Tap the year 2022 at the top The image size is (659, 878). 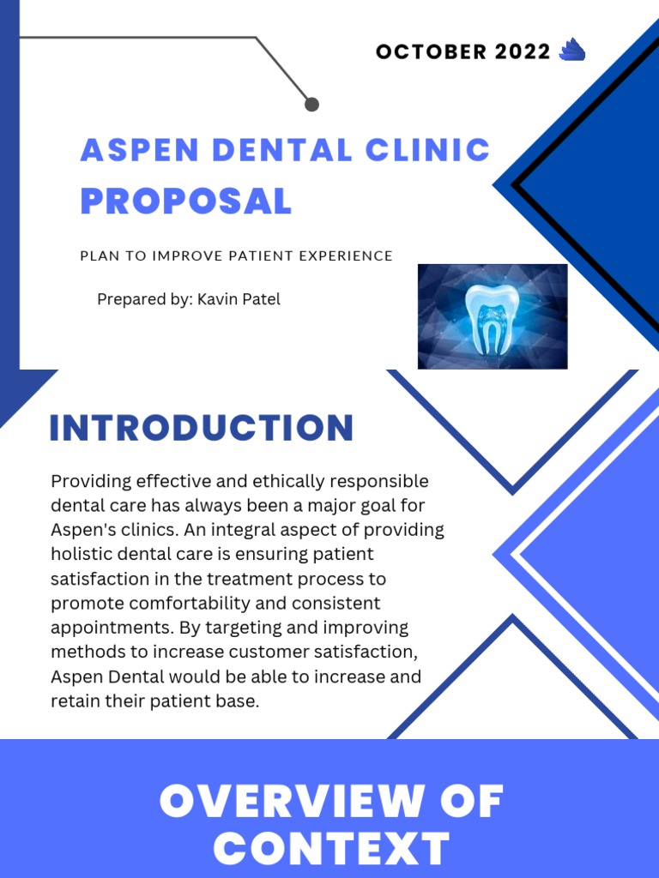point(523,51)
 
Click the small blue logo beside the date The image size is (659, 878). point(571,51)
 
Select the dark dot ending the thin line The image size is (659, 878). point(311,104)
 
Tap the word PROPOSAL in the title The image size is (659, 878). point(186,201)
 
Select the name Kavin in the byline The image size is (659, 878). point(217,299)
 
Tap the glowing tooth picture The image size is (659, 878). point(493,316)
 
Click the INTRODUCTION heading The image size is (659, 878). point(202,428)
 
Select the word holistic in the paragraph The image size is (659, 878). point(82,554)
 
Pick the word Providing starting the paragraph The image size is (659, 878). point(88,481)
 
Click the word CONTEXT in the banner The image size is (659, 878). point(331,849)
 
